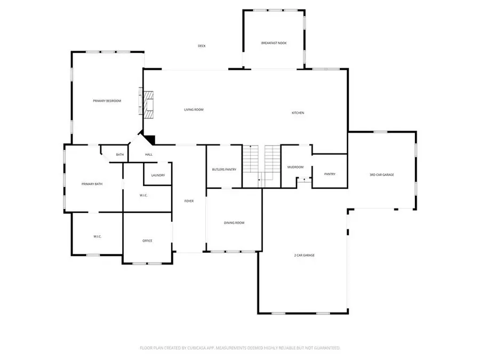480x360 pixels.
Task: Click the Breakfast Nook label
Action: click(x=274, y=43)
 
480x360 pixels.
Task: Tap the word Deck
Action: click(x=202, y=46)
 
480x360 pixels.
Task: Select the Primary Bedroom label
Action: click(x=107, y=101)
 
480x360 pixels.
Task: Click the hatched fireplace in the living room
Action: click(x=148, y=105)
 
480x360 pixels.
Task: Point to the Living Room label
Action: click(x=194, y=109)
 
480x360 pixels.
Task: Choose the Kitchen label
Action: click(x=298, y=113)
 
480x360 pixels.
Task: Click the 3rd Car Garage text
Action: click(x=382, y=175)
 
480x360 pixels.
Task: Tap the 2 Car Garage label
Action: click(x=305, y=255)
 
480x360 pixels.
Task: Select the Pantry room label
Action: click(x=330, y=174)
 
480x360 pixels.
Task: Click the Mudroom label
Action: click(x=295, y=167)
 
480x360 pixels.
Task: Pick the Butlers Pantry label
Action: click(x=224, y=170)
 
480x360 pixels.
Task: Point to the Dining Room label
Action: click(x=234, y=223)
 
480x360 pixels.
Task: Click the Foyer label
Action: click(x=189, y=201)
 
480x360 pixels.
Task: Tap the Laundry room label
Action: click(x=158, y=175)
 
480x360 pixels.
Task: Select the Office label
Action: click(x=147, y=241)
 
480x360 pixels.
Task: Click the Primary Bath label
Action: click(x=92, y=184)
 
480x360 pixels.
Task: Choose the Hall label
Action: click(x=149, y=155)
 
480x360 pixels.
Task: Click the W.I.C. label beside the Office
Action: click(x=98, y=237)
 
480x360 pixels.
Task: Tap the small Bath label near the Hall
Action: click(x=119, y=155)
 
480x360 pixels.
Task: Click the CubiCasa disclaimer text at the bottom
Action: click(x=240, y=348)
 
